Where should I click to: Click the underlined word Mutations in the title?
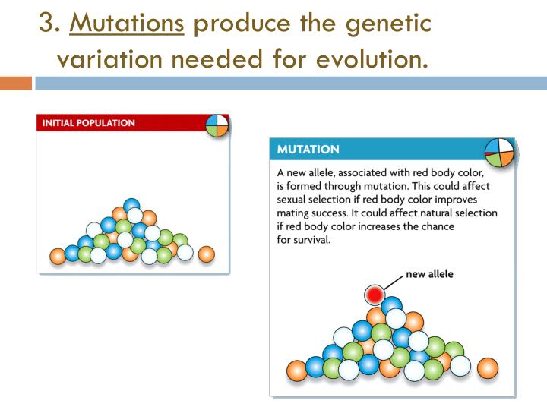pos(127,24)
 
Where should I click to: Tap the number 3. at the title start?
pos(50,24)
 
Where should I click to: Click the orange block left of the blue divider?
pos(15,83)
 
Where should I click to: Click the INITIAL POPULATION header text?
pos(89,123)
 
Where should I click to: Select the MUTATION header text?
pos(308,150)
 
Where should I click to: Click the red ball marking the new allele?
pos(374,294)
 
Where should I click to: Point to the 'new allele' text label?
pos(429,274)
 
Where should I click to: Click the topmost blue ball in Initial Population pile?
pos(132,205)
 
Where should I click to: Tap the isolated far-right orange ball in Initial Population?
pos(206,254)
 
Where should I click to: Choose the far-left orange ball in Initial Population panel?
pos(57,255)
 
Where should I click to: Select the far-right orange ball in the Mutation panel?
pos(488,368)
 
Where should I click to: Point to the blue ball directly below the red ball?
pos(392,307)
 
